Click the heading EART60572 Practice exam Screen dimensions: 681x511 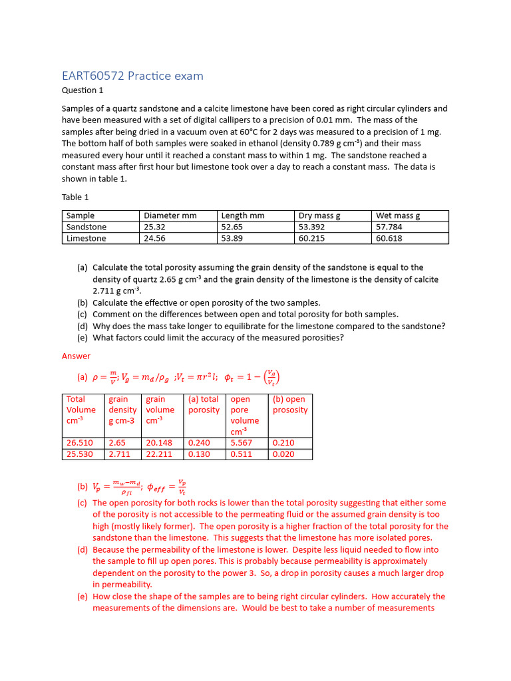(132, 76)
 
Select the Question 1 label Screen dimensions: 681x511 (83, 90)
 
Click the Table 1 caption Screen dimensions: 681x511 (75, 197)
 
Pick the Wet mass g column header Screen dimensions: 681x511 (398, 215)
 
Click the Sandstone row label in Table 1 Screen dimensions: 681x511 (86, 227)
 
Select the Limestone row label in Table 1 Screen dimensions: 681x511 (86, 238)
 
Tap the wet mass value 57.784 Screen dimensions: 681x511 (389, 227)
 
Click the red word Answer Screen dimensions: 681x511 (76, 356)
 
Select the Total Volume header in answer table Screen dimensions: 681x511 (81, 410)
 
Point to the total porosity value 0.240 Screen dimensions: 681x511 (199, 442)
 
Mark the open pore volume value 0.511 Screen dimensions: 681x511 (241, 454)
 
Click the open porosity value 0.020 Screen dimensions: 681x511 (283, 454)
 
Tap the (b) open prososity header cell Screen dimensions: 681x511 (290, 404)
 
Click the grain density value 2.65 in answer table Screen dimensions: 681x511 (117, 442)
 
